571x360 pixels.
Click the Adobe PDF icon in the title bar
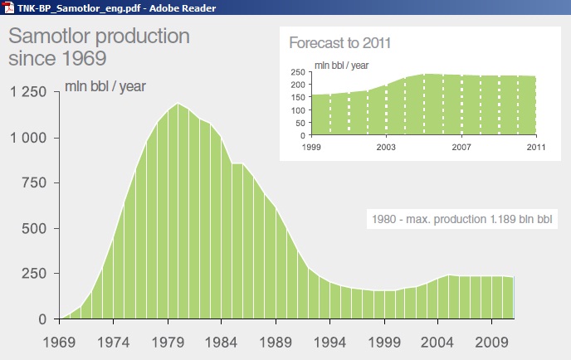(8, 7)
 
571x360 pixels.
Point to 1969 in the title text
(84, 58)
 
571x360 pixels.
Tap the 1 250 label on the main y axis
(28, 92)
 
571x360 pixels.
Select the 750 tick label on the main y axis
(34, 182)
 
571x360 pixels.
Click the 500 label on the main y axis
(34, 229)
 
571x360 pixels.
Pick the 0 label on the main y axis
(42, 319)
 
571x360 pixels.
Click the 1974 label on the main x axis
(113, 343)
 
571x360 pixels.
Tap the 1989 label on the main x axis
(276, 343)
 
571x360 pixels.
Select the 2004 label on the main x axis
(437, 343)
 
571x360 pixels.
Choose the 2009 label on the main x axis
(491, 343)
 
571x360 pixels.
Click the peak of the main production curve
(178, 104)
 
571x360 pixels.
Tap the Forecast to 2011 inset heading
(339, 43)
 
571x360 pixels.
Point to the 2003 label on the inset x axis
(386, 147)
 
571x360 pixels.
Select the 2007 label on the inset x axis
(461, 147)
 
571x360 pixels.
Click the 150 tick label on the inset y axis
(298, 97)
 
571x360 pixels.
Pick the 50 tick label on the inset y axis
(300, 123)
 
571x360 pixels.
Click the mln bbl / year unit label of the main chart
(105, 86)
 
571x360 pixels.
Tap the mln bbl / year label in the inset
(342, 66)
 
